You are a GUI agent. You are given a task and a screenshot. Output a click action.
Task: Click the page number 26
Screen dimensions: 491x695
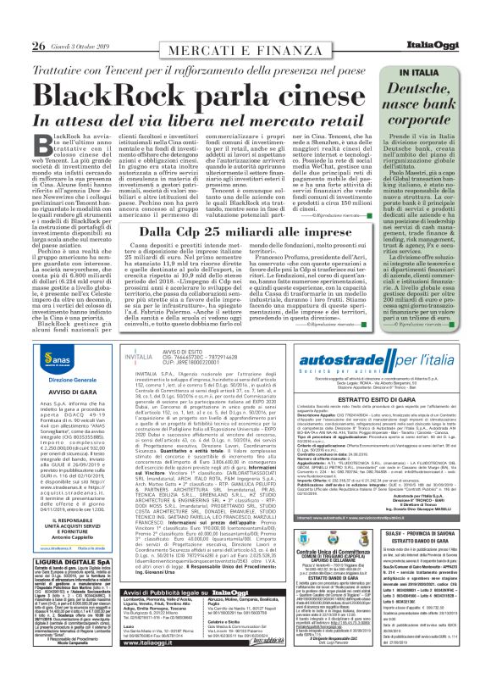(x=15, y=21)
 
